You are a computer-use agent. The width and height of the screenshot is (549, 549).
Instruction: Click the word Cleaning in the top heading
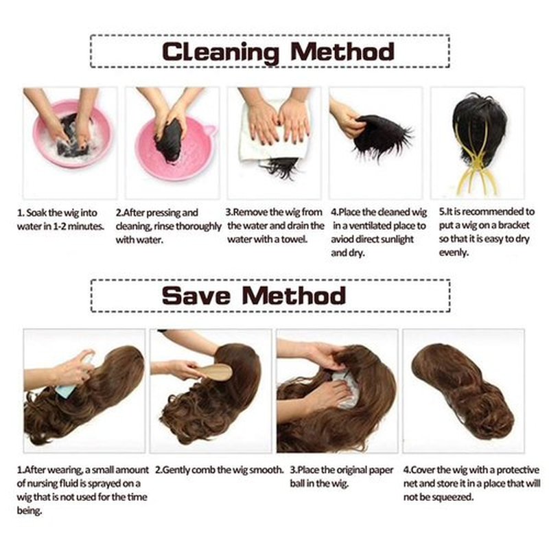[x=220, y=52]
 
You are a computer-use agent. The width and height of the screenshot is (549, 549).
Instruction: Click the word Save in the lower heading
[x=196, y=296]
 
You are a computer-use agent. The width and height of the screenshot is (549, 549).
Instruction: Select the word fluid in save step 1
[x=69, y=484]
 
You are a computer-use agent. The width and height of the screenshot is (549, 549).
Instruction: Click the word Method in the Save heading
[x=294, y=296]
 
